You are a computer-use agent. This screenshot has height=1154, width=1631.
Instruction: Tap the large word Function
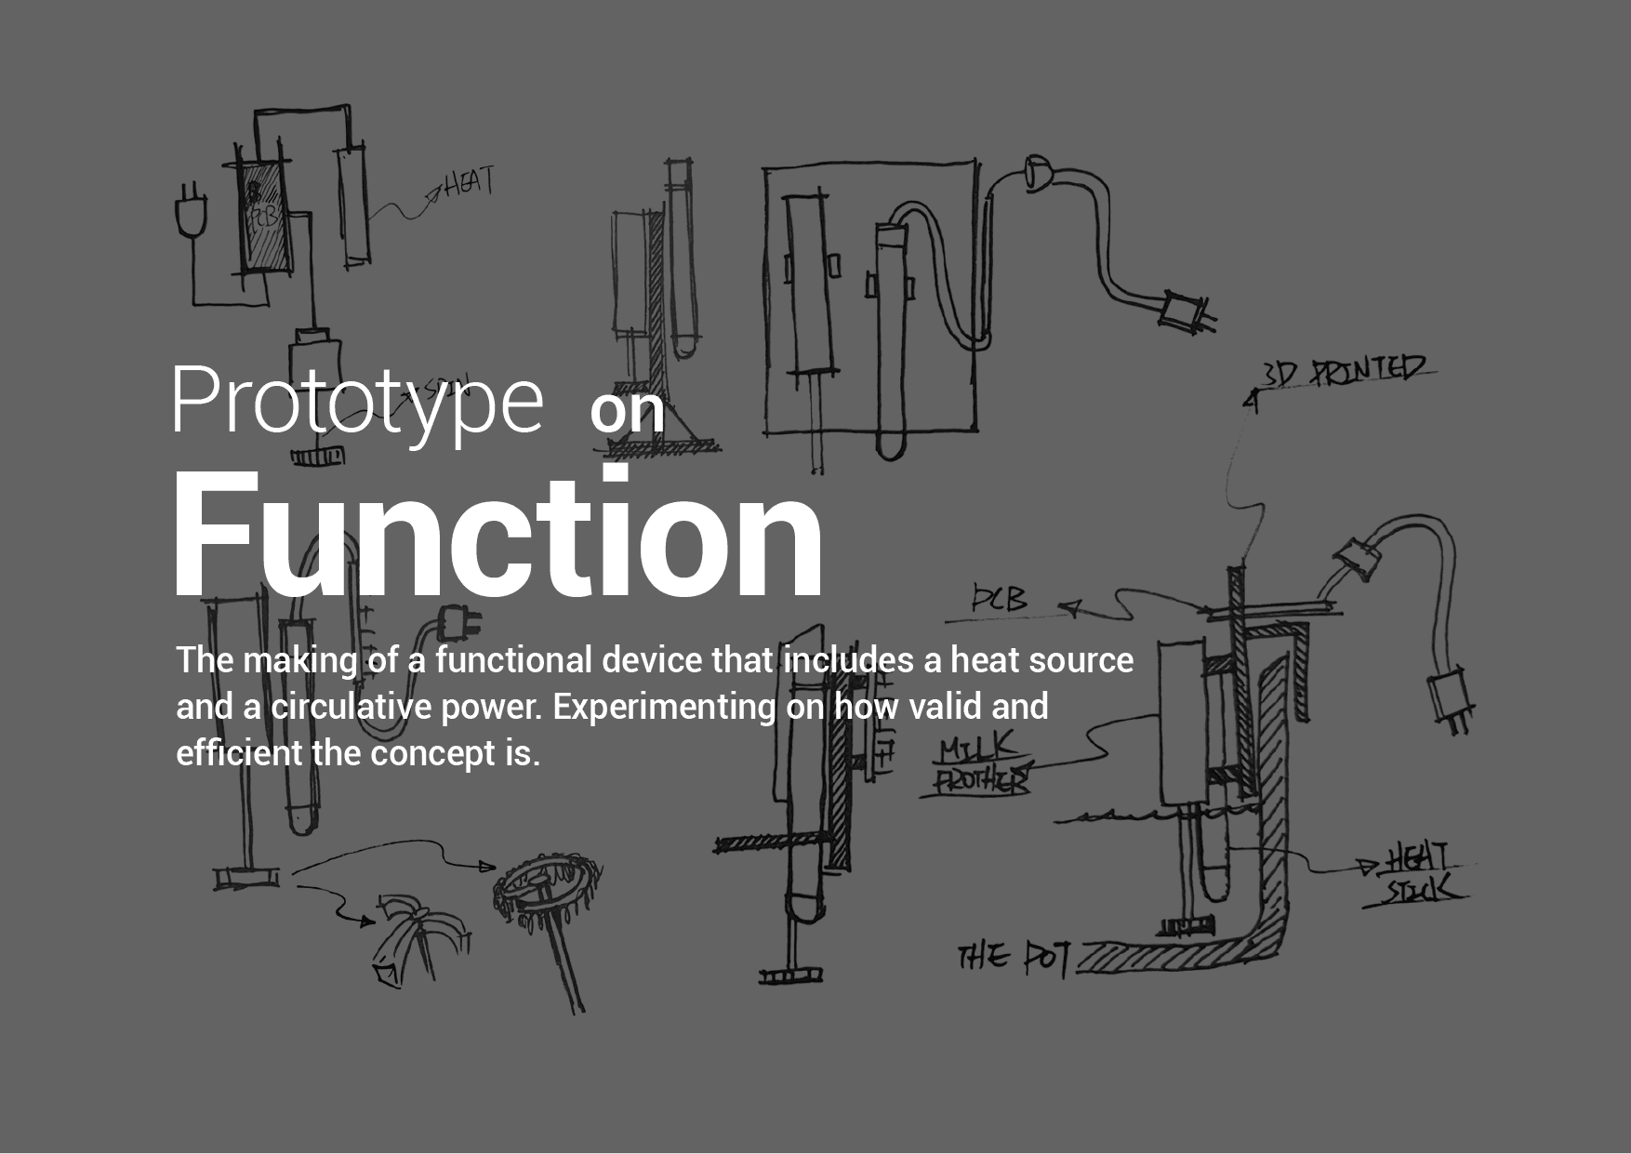point(497,535)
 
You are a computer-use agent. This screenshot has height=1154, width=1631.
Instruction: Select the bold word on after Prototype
point(628,412)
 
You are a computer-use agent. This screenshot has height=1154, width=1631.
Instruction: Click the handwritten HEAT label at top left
point(471,182)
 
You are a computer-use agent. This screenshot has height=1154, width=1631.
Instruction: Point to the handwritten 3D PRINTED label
point(1344,371)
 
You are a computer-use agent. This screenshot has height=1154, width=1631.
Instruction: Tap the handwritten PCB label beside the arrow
point(1000,600)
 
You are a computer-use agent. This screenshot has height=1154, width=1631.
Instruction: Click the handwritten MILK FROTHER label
point(980,764)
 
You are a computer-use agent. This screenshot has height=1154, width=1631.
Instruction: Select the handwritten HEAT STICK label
point(1419,874)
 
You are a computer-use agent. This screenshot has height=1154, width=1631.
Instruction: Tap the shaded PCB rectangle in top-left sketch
point(263,218)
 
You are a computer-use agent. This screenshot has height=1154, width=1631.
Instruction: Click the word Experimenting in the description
point(664,707)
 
